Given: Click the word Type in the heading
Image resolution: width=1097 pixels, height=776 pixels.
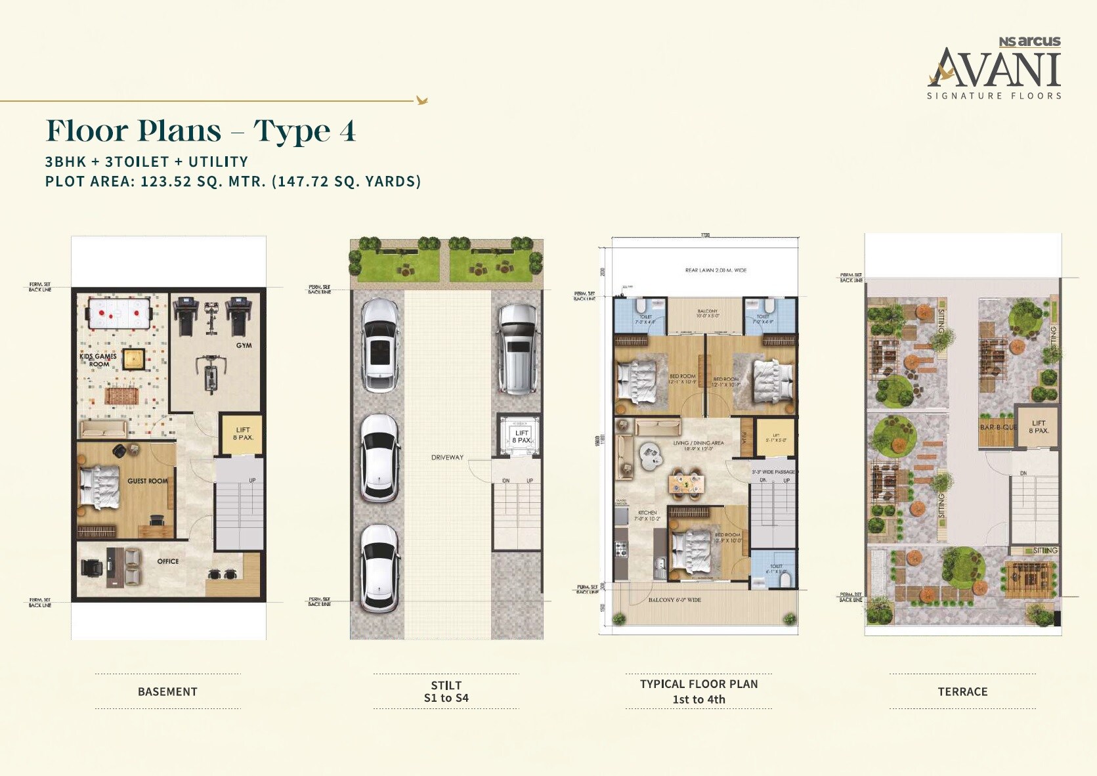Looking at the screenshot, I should pyautogui.click(x=291, y=131).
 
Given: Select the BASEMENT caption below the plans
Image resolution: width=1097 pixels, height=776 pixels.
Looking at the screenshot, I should pyautogui.click(x=167, y=691).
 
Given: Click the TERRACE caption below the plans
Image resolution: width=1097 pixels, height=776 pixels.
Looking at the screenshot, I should pyautogui.click(x=962, y=691).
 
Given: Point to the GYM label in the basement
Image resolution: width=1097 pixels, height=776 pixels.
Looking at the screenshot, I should pyautogui.click(x=244, y=345).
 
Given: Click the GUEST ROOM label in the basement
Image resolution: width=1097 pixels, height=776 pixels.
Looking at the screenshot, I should pyautogui.click(x=147, y=481).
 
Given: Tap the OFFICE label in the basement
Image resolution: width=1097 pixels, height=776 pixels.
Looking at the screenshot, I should pyautogui.click(x=168, y=561).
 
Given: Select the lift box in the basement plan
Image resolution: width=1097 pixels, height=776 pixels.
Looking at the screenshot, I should pyautogui.click(x=242, y=434).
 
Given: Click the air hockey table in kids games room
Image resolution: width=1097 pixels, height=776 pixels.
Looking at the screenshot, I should pyautogui.click(x=119, y=313).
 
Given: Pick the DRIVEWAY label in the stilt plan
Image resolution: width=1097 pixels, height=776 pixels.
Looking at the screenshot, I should pyautogui.click(x=447, y=458).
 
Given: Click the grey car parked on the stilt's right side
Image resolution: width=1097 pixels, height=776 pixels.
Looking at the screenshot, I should pyautogui.click(x=519, y=348).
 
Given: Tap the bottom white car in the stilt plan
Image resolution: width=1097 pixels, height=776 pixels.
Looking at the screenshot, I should pyautogui.click(x=379, y=568).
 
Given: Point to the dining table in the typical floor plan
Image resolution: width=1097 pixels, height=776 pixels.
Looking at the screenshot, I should pyautogui.click(x=687, y=485).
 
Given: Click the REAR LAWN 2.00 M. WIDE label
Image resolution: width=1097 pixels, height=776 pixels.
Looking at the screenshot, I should pyautogui.click(x=716, y=270).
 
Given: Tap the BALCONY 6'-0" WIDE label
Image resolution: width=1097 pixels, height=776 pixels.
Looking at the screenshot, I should pyautogui.click(x=674, y=600).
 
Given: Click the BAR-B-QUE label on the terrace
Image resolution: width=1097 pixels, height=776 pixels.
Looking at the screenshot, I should pyautogui.click(x=998, y=427).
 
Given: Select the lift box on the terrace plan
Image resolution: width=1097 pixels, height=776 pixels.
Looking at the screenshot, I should pyautogui.click(x=1037, y=427).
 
